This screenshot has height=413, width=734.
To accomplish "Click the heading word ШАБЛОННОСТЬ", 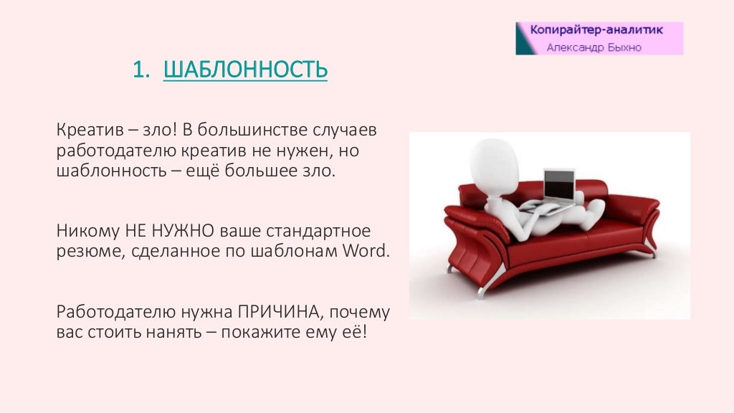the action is click(245, 70).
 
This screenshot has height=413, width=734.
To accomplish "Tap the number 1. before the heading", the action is click(141, 70).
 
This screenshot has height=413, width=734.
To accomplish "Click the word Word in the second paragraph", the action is click(366, 250).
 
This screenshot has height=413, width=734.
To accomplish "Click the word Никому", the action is click(88, 231).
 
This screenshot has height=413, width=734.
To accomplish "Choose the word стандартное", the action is click(318, 231).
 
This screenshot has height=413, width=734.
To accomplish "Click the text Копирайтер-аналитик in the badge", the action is click(596, 30).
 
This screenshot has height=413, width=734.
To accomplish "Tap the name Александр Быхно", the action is click(594, 47).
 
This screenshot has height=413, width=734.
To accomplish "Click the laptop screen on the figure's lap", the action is click(559, 184).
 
